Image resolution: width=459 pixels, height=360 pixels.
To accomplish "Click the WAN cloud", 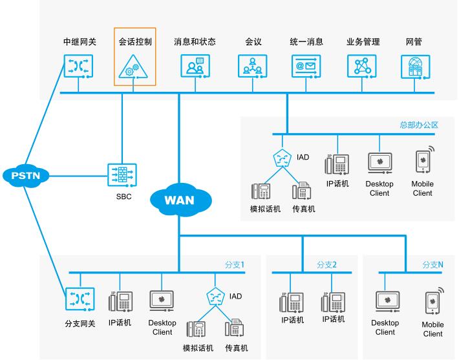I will click(x=179, y=199).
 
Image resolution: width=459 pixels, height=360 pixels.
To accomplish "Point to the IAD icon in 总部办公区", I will click(x=281, y=158).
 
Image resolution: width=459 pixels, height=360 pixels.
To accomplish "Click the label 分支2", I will click(x=326, y=264).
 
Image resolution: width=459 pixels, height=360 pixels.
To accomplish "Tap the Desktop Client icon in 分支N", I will click(x=387, y=303).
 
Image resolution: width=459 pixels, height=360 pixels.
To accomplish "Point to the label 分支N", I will click(x=432, y=264).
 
